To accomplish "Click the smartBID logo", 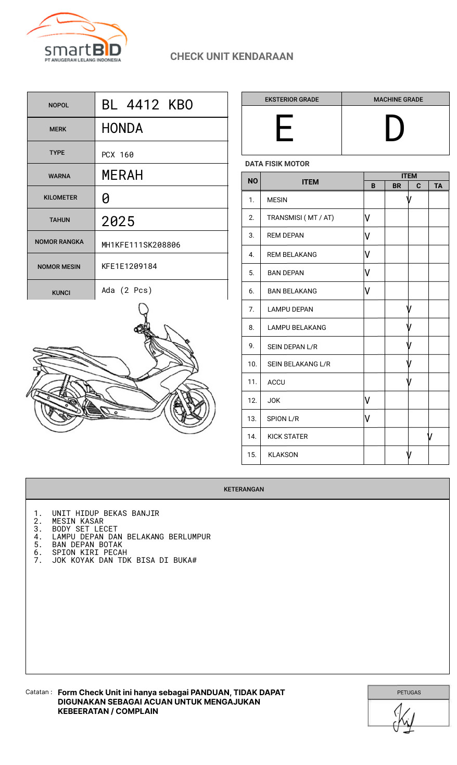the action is (x=77, y=38).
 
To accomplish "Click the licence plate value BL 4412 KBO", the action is (x=147, y=105).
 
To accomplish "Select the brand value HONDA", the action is (x=122, y=128).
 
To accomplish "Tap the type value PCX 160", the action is (x=118, y=155).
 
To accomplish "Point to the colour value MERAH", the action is (x=122, y=175).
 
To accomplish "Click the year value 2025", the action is (x=118, y=221).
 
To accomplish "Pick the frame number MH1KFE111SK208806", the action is (x=141, y=245).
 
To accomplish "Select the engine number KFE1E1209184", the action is (x=129, y=266).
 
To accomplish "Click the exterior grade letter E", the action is (x=284, y=129).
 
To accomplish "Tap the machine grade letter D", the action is (x=394, y=129).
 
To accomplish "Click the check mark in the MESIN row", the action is (x=409, y=200).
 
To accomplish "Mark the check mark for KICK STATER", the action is (x=430, y=437).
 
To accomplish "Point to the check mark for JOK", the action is (x=367, y=400).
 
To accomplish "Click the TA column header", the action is (x=438, y=186).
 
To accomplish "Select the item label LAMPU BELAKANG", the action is (x=297, y=327).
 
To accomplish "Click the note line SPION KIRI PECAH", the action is (x=90, y=552).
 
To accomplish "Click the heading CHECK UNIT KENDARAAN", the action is (x=232, y=56).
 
